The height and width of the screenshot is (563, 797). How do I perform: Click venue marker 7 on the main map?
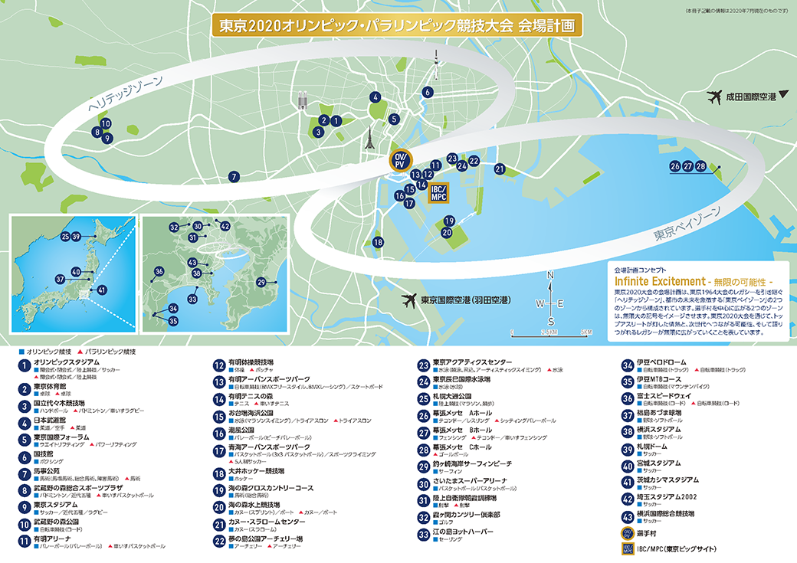233,177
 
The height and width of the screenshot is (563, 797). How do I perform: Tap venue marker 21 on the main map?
500,169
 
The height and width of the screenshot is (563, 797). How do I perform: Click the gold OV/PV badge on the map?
399,160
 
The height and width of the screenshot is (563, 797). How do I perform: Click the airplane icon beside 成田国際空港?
717,97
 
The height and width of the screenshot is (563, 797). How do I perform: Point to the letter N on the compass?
550,276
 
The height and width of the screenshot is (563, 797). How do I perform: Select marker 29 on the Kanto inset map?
261,283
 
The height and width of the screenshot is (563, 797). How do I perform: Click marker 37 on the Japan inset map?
60,280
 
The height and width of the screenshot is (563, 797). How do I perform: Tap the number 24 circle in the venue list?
422,381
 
